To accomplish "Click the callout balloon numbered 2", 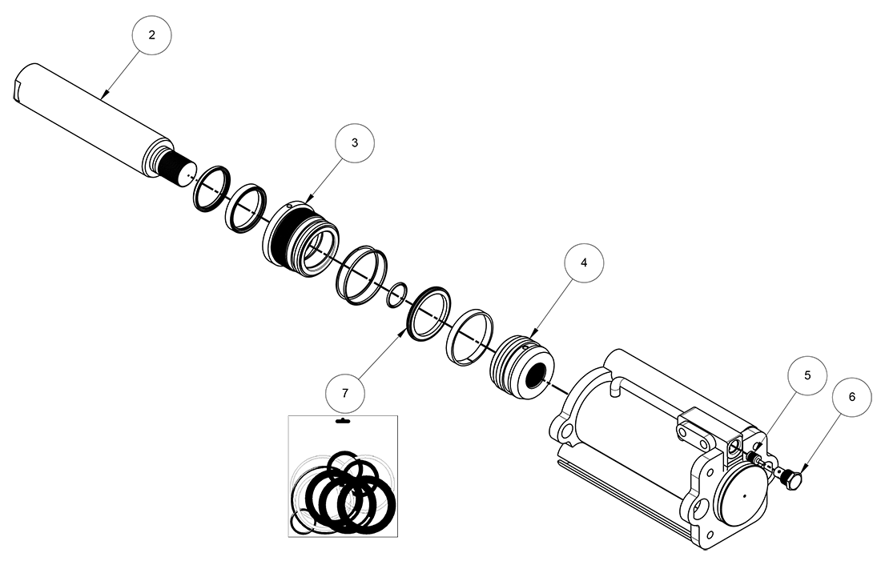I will pos(151,36).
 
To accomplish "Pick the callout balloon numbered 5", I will pos(807,375).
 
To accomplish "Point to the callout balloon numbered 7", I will pos(345,393).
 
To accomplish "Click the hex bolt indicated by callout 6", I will pos(794,480).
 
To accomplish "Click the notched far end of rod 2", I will pos(22,86).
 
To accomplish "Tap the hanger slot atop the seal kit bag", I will pos(341,421).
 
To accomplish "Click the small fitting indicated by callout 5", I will pos(755,458).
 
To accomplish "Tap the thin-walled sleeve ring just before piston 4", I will pos(469,336).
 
